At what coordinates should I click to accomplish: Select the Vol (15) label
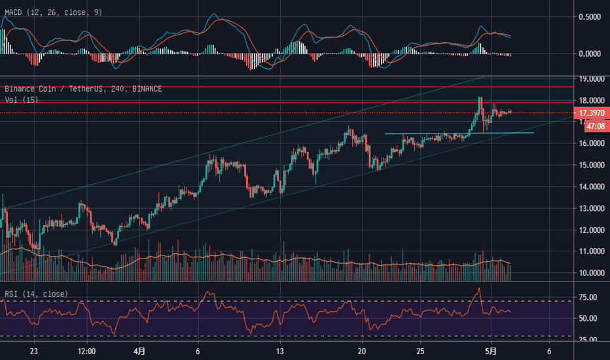coord(22,99)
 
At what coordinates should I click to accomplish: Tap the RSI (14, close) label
coord(35,294)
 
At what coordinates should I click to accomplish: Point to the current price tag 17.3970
coord(592,113)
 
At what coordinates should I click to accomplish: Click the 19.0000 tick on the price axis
coord(592,79)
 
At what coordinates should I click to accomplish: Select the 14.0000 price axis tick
coord(592,187)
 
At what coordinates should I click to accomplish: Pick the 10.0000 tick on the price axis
coord(592,273)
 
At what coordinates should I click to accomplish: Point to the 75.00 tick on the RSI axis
coord(588,297)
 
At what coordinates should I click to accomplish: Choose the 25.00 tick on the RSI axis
coord(588,340)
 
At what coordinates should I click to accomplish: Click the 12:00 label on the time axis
coord(86,350)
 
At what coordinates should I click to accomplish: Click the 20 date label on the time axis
coord(361,350)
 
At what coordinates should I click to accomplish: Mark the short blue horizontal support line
coord(458,133)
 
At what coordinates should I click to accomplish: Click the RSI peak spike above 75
coord(479,289)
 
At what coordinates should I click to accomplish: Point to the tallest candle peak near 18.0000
coord(480,98)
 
